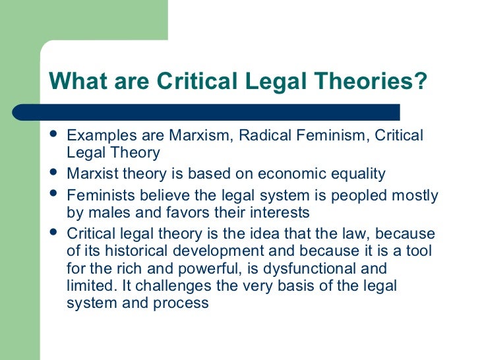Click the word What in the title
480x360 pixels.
point(73,82)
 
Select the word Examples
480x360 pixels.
point(100,136)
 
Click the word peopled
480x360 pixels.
point(335,195)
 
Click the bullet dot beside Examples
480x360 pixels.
point(55,136)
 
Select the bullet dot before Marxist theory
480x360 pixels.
point(55,175)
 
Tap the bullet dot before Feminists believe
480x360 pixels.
point(55,195)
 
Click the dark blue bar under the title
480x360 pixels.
point(224,112)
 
